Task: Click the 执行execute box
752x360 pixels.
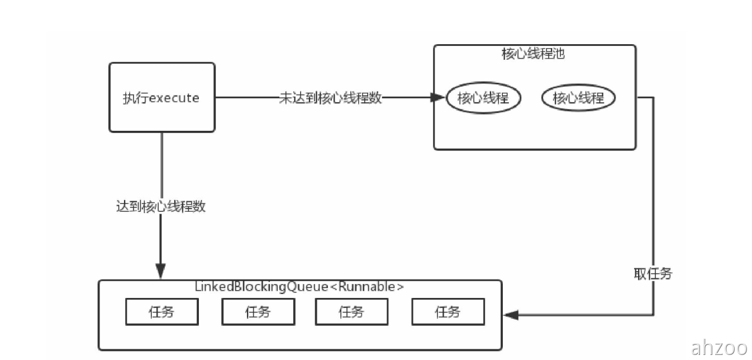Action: click(x=161, y=97)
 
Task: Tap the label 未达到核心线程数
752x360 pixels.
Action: click(x=330, y=98)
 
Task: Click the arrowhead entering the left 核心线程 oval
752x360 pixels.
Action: click(x=439, y=98)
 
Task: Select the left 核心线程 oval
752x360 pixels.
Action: click(x=483, y=98)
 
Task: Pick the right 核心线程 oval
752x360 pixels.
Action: click(x=578, y=98)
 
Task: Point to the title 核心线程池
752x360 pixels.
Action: click(x=534, y=54)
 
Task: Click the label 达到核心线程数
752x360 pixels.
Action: click(x=161, y=206)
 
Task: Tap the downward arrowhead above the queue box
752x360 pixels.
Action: click(x=161, y=272)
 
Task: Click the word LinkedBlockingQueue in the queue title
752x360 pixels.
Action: click(x=261, y=287)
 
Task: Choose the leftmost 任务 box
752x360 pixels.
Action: click(x=161, y=312)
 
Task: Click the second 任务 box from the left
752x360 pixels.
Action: click(x=258, y=312)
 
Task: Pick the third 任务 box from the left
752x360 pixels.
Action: click(x=351, y=312)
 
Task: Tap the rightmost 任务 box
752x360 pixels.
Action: click(x=448, y=312)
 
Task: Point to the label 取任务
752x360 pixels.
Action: click(x=653, y=273)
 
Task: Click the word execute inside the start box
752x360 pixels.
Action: click(x=174, y=98)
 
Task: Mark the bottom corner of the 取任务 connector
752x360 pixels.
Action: click(x=654, y=315)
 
